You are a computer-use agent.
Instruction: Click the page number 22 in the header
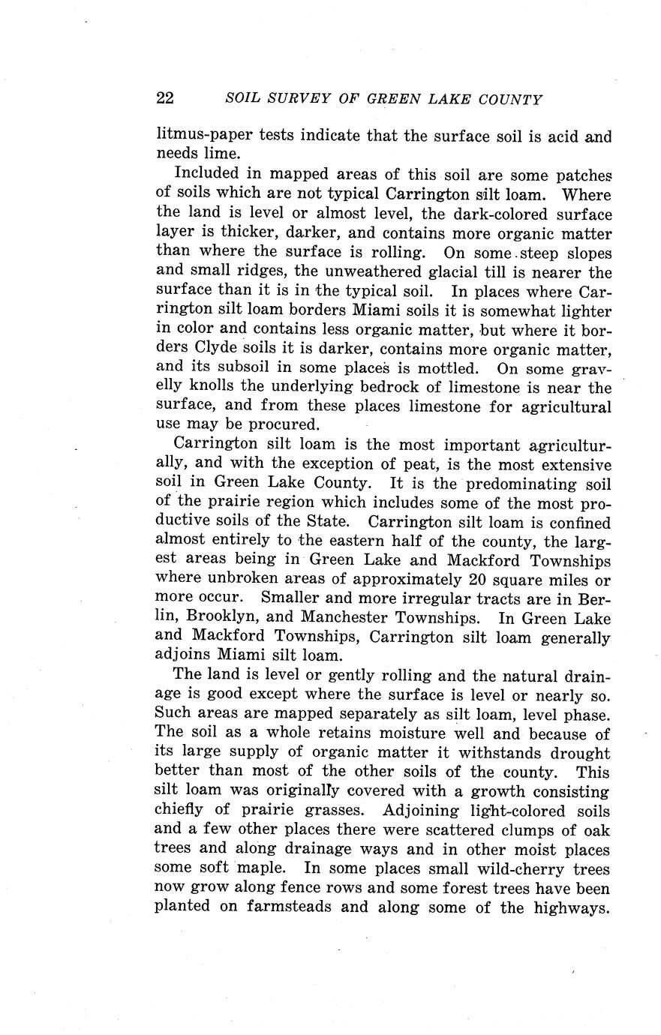coord(166,99)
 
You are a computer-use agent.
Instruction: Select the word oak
coord(599,830)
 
